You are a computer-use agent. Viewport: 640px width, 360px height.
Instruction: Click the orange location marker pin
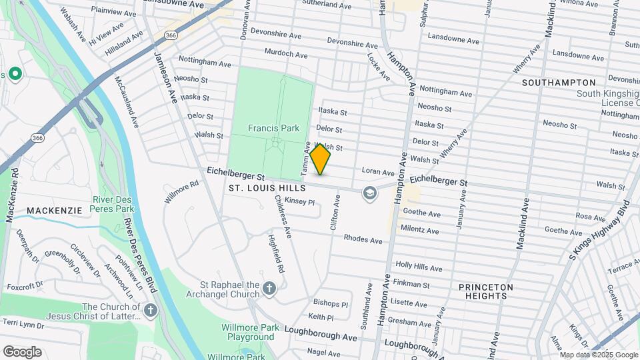320,159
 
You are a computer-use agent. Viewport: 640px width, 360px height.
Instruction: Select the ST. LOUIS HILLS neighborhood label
267,189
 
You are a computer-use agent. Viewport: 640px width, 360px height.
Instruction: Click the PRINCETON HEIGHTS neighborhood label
486,291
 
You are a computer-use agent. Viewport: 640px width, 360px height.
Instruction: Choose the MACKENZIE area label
54,211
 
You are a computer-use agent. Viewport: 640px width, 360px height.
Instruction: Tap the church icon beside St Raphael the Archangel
269,288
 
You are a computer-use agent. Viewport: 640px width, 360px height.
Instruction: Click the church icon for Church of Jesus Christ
151,310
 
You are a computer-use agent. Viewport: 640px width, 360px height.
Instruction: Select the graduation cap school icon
368,193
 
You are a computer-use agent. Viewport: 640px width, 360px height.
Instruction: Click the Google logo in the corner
22,351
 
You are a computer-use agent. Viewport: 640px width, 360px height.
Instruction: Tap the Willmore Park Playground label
247,332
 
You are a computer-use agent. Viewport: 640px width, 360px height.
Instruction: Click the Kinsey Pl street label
299,201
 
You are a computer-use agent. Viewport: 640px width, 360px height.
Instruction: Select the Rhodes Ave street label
363,239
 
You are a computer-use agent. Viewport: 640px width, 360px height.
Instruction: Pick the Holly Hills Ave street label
419,267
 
